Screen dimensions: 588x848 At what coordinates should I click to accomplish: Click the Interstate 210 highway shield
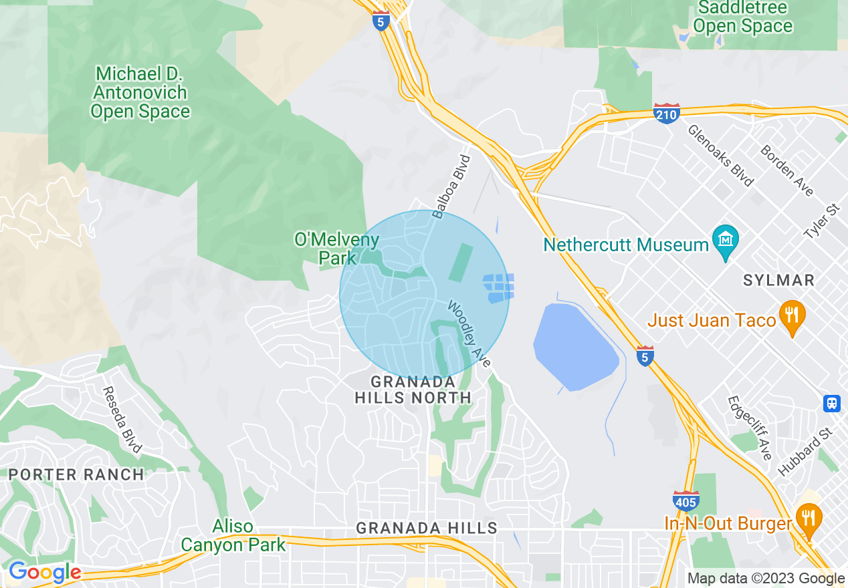(x=666, y=114)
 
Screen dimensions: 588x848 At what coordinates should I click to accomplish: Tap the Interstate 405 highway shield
(x=686, y=500)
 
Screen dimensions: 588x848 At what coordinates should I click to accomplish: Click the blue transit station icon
(x=832, y=403)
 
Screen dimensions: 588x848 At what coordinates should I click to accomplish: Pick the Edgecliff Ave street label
(x=749, y=428)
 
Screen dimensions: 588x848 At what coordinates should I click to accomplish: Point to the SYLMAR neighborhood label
(x=779, y=280)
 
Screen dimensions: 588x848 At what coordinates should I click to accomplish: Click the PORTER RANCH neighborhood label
(x=76, y=474)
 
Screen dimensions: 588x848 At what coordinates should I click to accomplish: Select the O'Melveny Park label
(x=337, y=248)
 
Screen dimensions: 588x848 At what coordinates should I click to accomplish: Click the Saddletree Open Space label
(x=742, y=17)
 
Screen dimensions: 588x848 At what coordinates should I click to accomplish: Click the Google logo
(x=44, y=573)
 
